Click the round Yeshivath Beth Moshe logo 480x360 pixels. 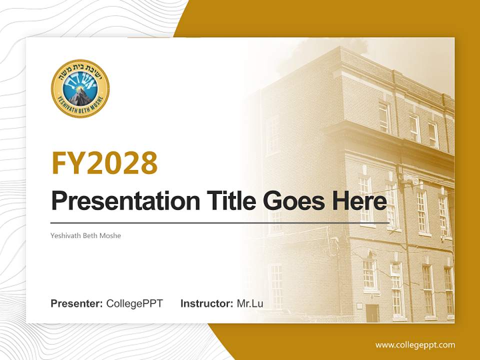tap(80, 88)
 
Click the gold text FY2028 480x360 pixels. tap(104, 163)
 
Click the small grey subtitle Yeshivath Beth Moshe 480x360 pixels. tap(85, 235)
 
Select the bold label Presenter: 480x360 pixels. tap(77, 303)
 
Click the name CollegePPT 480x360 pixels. tap(134, 303)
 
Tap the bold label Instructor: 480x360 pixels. tap(206, 303)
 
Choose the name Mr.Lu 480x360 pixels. tap(250, 303)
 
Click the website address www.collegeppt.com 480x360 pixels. tap(415, 344)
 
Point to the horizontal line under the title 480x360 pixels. tap(220, 222)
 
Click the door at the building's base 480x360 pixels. tap(372, 313)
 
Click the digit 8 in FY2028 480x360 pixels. tap(148, 163)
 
